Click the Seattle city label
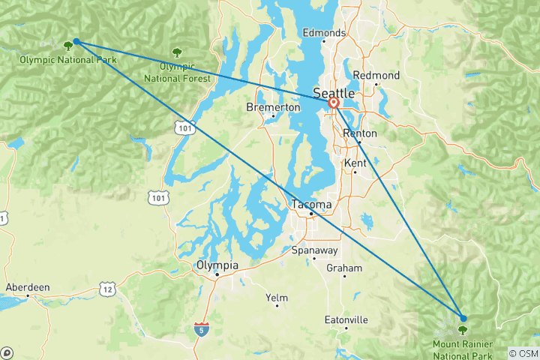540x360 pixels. [x=334, y=93]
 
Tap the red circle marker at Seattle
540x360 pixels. [x=334, y=103]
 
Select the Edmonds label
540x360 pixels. [x=324, y=33]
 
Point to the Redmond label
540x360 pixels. [x=376, y=76]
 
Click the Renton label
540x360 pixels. [x=359, y=133]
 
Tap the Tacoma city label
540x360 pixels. [x=312, y=204]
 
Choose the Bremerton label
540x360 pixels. [x=273, y=107]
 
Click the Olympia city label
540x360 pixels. [x=217, y=265]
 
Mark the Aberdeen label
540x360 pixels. [x=28, y=286]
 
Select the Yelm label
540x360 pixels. [x=277, y=298]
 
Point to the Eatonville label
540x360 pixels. [x=346, y=319]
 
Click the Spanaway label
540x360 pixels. [x=314, y=250]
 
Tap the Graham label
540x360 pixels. [x=344, y=268]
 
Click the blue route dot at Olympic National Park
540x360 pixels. [x=76, y=42]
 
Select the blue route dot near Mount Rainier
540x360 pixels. [x=463, y=318]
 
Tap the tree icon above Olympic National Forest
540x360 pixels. [x=177, y=52]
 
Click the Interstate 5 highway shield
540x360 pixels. [x=200, y=328]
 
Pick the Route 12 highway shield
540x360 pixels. [x=109, y=289]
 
